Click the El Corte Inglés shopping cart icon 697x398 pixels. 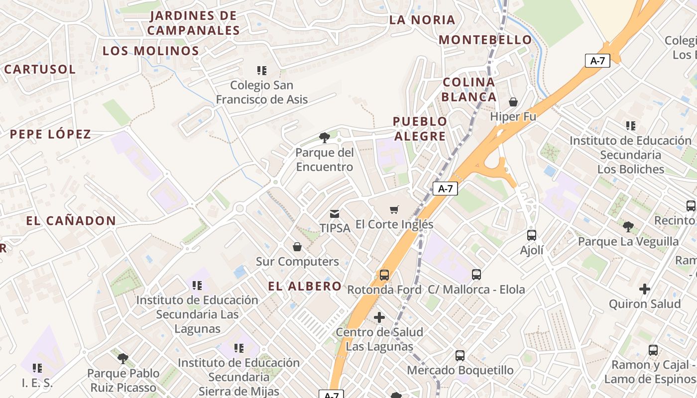394,210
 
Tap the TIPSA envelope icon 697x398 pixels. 335,214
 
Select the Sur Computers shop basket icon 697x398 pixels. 297,247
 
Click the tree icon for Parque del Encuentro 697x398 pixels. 325,137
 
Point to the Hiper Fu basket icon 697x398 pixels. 513,102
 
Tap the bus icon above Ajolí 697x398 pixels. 532,235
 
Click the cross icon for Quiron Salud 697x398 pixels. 645,289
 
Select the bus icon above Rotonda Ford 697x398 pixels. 384,275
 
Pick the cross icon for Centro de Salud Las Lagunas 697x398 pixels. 379,317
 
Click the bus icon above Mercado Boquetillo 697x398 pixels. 460,356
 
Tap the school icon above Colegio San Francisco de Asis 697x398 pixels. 262,71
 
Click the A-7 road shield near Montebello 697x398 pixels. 597,61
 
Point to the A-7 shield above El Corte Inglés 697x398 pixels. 445,189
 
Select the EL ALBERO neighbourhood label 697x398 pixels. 305,286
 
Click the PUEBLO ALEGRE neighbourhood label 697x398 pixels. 420,129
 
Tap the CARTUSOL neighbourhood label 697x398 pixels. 40,69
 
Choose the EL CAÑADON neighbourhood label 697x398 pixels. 71,221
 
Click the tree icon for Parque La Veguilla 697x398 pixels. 628,227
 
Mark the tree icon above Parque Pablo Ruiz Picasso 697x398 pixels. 123,358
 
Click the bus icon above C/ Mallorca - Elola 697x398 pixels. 476,275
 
